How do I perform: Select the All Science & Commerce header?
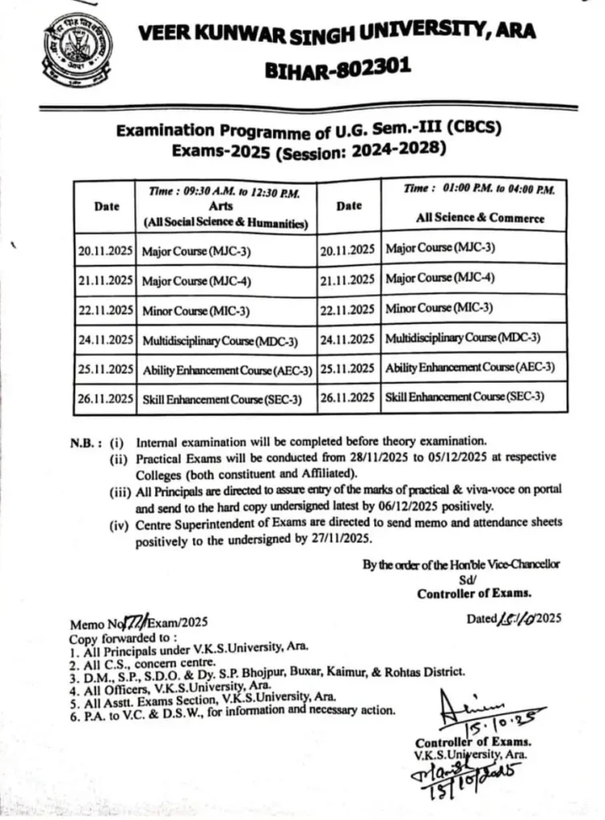[479, 217]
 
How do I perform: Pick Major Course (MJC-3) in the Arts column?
[196, 251]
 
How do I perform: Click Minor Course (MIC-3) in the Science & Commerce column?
[439, 307]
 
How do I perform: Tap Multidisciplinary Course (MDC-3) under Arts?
[219, 340]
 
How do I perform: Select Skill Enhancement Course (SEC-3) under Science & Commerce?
[464, 396]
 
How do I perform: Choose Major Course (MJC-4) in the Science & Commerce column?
[439, 279]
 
